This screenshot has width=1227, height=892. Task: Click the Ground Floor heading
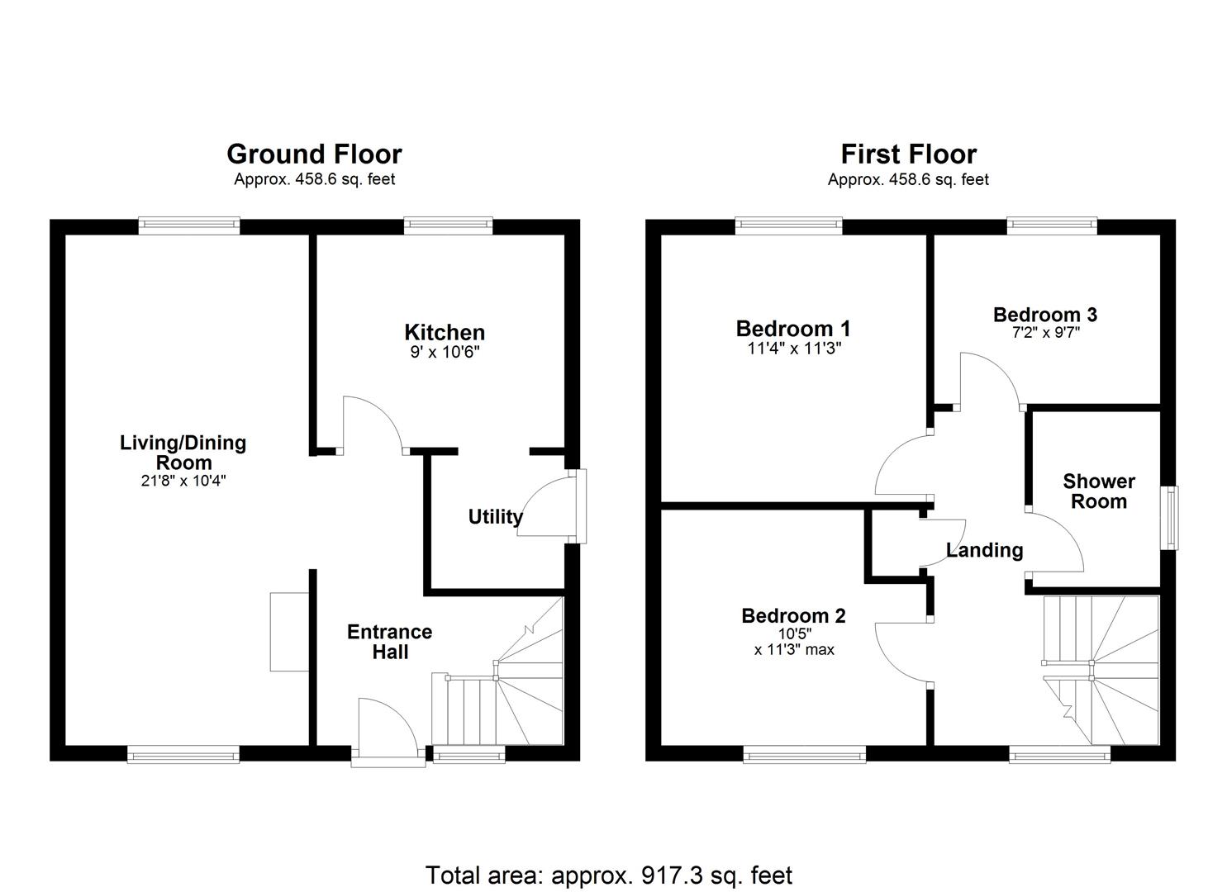pyautogui.click(x=314, y=154)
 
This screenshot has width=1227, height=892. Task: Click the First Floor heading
pyautogui.click(x=908, y=154)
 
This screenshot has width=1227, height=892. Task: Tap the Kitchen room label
pyautogui.click(x=444, y=333)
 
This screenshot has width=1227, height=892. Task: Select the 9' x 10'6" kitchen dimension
pyautogui.click(x=444, y=352)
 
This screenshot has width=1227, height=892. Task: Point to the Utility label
pyautogui.click(x=495, y=517)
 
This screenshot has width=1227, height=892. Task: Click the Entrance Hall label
pyautogui.click(x=389, y=642)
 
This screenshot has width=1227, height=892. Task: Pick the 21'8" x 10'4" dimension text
pyautogui.click(x=183, y=481)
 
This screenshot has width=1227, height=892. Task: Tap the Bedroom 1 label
pyautogui.click(x=792, y=329)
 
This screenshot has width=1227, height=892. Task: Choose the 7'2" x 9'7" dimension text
pyautogui.click(x=1044, y=333)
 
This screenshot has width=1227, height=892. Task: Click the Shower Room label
pyautogui.click(x=1098, y=491)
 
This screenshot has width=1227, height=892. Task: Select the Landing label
pyautogui.click(x=984, y=550)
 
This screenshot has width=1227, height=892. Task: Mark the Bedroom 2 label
pyautogui.click(x=793, y=616)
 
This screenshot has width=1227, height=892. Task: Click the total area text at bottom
pyautogui.click(x=609, y=875)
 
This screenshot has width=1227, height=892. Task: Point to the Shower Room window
pyautogui.click(x=1170, y=518)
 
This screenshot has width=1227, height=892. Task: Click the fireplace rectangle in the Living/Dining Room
pyautogui.click(x=289, y=632)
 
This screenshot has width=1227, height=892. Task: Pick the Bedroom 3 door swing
pyautogui.click(x=990, y=380)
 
